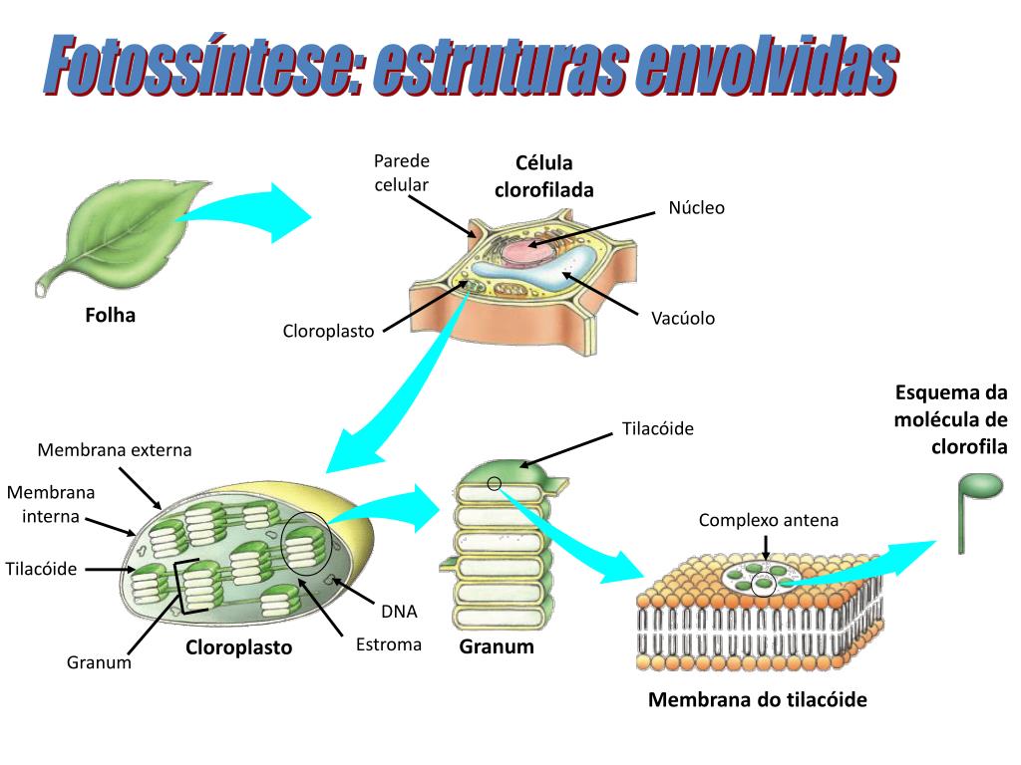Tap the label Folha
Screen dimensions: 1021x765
[110, 316]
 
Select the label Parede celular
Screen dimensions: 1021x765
[401, 172]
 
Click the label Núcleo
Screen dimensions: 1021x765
[696, 208]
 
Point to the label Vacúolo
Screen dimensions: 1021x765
[683, 319]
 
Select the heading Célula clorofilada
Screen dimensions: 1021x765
[544, 176]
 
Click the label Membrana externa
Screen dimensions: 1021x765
[115, 450]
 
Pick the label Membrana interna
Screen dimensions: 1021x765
[52, 503]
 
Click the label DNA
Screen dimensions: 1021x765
[399, 612]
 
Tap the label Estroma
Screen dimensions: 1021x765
[389, 644]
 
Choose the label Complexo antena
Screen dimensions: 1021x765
[769, 520]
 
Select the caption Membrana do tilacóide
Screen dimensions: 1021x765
[758, 700]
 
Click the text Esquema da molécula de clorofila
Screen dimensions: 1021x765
[951, 419]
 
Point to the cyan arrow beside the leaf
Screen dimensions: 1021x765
[254, 212]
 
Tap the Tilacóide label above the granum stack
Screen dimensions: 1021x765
[657, 428]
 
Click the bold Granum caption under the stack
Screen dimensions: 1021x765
[497, 646]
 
